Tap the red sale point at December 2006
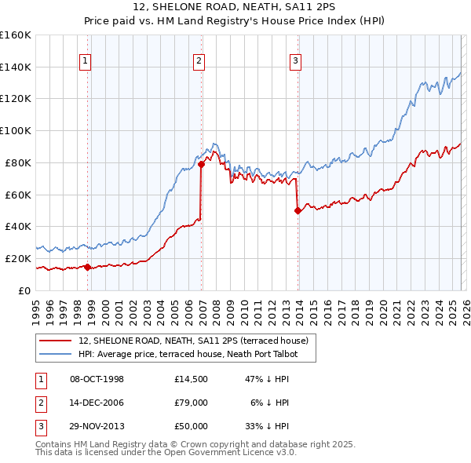201,164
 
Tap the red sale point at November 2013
298,210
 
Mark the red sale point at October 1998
87,267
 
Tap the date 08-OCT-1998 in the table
97,379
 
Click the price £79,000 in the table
192,403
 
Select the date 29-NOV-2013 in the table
97,426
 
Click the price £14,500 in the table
192,379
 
